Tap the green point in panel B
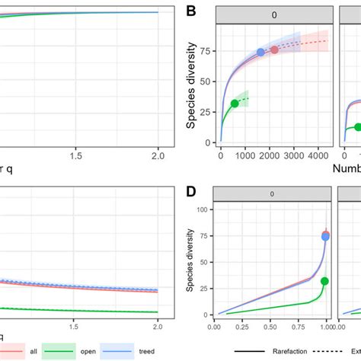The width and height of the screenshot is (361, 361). (x=235, y=104)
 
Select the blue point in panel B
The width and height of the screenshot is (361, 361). (x=260, y=52)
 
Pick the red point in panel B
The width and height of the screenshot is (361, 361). (x=275, y=50)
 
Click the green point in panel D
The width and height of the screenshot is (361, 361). (x=325, y=281)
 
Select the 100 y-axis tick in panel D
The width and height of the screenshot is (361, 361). (x=203, y=209)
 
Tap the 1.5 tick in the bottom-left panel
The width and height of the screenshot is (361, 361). (x=74, y=326)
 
